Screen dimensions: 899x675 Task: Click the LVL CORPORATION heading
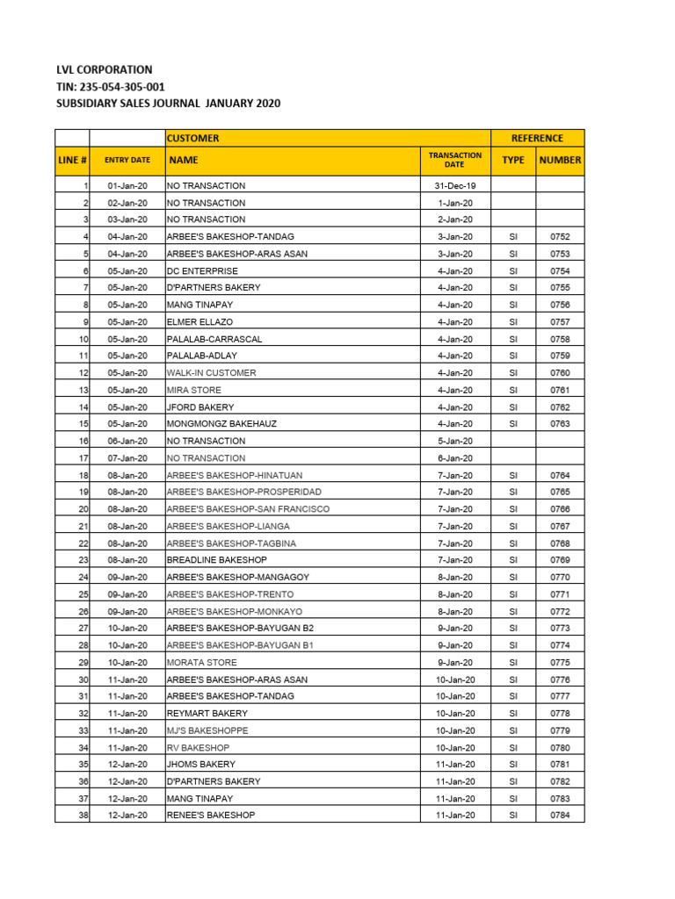point(104,69)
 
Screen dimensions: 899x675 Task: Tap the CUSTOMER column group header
point(193,138)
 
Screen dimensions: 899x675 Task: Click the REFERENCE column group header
point(537,138)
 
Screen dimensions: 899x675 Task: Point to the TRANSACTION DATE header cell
point(454,160)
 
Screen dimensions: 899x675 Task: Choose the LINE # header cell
point(72,160)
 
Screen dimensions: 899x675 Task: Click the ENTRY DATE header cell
point(127,160)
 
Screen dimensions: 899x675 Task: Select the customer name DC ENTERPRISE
point(202,271)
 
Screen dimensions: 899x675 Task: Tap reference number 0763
point(560,424)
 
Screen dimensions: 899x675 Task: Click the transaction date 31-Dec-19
point(454,186)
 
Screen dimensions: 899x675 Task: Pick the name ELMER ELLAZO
point(200,322)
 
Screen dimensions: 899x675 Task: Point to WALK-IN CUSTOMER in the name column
point(212,373)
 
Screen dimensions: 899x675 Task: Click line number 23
point(83,560)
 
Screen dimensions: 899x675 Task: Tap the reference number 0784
point(560,816)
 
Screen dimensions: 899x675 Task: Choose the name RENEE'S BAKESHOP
point(211,816)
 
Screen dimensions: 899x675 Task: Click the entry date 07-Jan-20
point(127,458)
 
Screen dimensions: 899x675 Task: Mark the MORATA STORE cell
point(201,663)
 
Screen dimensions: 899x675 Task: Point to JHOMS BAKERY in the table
point(200,765)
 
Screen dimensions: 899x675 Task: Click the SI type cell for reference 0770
point(513,578)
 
